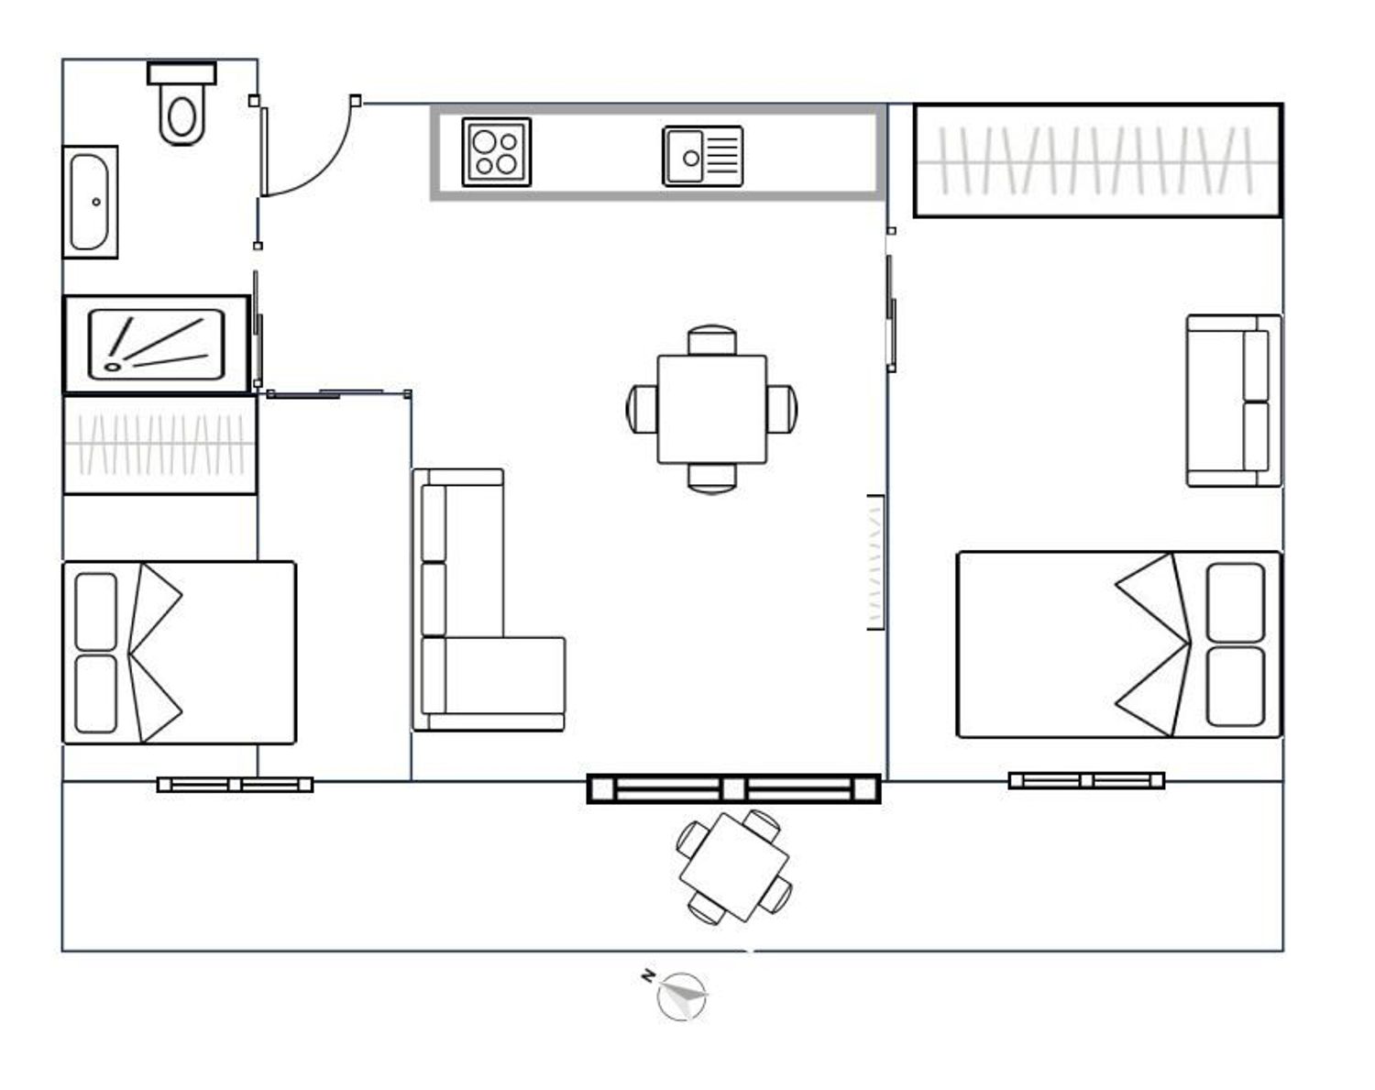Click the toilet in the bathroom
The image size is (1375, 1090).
pos(181,104)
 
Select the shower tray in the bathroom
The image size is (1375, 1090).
pos(157,345)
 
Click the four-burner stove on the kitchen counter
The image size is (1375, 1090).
pos(497,152)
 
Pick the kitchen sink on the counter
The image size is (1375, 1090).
pos(703,156)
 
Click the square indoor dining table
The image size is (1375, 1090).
pos(711,410)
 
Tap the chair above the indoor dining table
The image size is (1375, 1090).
pos(711,340)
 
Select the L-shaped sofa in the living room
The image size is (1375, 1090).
pos(489,600)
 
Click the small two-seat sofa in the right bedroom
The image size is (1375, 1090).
pos(1234,401)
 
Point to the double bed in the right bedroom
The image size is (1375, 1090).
pos(1119,644)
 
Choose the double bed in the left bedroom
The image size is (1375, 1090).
pos(180,653)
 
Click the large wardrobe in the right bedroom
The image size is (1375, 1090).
pos(1097,160)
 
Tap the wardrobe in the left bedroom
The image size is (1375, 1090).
pos(160,446)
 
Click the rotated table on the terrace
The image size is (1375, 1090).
pos(734,867)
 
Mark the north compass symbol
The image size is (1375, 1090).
pos(682,996)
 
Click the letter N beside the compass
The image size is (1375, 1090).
pos(648,975)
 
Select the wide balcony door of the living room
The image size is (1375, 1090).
pos(733,788)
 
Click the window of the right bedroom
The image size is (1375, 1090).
pos(1086,780)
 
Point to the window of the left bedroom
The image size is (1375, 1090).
pos(236,785)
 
